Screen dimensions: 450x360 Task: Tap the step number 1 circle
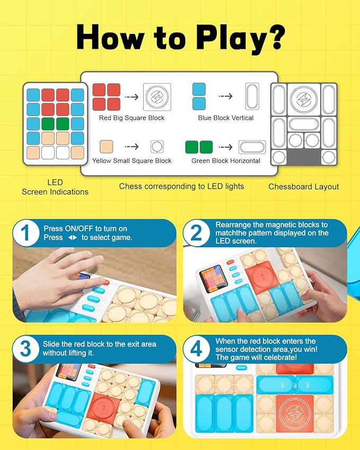coord(27,234)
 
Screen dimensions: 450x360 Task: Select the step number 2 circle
coord(197,234)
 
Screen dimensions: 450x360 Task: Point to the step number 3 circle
coord(27,349)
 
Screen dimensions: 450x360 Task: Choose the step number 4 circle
coord(197,349)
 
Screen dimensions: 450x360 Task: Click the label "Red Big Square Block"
coord(131,118)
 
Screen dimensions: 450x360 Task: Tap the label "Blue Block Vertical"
coord(225,118)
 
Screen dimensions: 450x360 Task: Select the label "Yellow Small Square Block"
coord(131,161)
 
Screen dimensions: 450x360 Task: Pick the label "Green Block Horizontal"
coord(225,161)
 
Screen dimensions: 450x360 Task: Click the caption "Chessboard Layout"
coord(303,187)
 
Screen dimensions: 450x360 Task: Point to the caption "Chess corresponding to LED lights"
coord(181,186)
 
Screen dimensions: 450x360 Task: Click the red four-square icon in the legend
coord(106,96)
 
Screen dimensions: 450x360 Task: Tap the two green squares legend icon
coord(198,147)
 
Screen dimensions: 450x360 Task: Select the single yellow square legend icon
coord(106,147)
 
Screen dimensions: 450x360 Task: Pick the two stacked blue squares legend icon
coord(199,96)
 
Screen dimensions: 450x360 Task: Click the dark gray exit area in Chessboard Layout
coord(303,157)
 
